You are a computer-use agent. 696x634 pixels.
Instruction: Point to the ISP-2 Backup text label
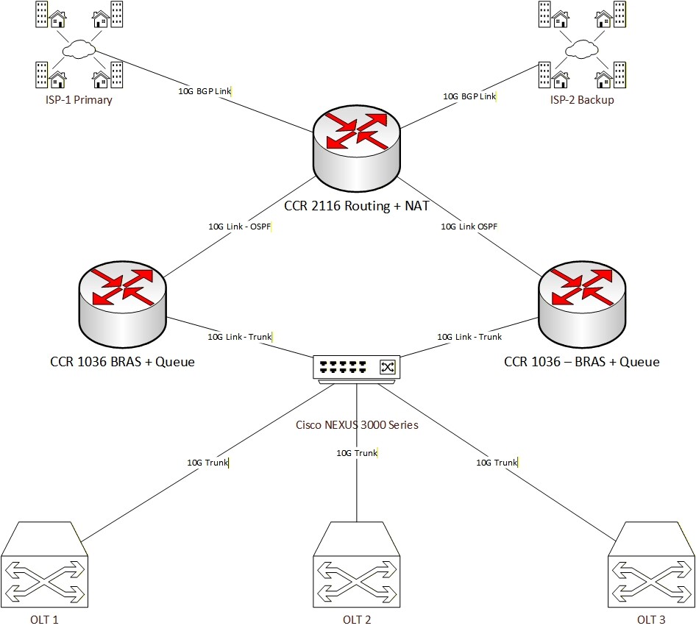(582, 99)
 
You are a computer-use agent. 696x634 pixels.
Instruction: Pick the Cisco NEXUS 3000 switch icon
(358, 368)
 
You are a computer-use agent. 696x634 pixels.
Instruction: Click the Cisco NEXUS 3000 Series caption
(357, 425)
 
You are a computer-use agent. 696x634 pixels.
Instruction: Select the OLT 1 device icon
(44, 563)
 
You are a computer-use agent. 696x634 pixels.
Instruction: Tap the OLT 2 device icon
(357, 563)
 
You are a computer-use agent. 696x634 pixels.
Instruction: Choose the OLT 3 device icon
(651, 563)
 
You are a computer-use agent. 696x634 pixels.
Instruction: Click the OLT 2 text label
(357, 619)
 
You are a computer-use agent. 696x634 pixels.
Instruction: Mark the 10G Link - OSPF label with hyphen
(239, 227)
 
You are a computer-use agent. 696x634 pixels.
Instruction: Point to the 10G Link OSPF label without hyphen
(469, 227)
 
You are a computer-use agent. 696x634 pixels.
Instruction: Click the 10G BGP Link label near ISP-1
(204, 92)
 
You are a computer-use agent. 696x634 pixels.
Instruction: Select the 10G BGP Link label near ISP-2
(469, 96)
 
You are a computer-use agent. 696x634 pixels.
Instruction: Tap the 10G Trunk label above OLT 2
(357, 453)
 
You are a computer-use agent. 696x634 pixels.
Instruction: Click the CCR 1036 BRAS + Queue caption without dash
(122, 362)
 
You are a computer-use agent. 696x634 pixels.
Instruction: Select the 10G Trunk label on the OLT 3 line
(497, 463)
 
